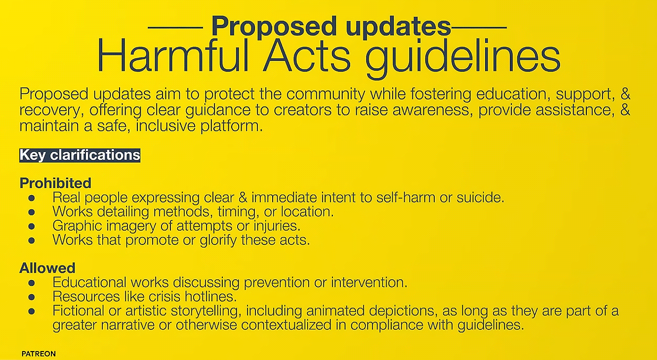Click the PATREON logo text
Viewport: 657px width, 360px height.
pos(39,354)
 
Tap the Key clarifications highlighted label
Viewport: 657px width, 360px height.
pos(80,155)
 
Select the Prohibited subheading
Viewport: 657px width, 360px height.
pos(55,183)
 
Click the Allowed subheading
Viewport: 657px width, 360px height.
pos(47,268)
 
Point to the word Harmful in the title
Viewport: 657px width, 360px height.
pos(173,56)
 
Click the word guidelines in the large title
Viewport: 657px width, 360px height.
pos(463,59)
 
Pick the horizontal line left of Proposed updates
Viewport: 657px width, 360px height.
pos(175,28)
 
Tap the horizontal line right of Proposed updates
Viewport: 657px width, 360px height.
pos(479,28)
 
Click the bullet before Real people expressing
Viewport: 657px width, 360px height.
pos(32,198)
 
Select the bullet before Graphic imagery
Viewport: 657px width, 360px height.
pos(32,226)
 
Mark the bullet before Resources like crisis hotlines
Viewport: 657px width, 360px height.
pos(32,297)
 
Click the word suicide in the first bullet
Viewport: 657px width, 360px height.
pos(480,198)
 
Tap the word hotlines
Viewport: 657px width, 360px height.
pos(210,297)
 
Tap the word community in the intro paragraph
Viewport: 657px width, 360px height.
pos(326,95)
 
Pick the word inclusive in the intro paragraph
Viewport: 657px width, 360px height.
pos(166,126)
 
